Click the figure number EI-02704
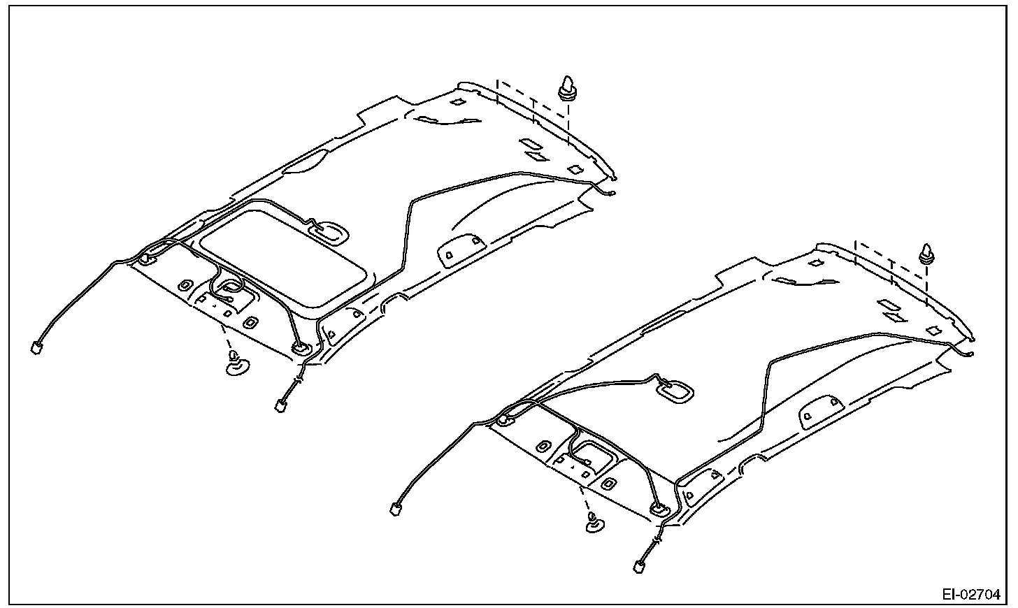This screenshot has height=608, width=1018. (970, 595)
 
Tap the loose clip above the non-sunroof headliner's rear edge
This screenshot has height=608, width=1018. (927, 254)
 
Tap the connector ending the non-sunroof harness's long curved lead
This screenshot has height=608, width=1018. (396, 509)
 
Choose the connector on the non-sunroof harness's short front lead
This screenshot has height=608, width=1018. (639, 565)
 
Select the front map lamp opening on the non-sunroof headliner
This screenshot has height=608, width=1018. (592, 453)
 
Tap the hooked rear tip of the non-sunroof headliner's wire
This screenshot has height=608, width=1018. (970, 354)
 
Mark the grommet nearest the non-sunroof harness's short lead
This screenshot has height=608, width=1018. (659, 509)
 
